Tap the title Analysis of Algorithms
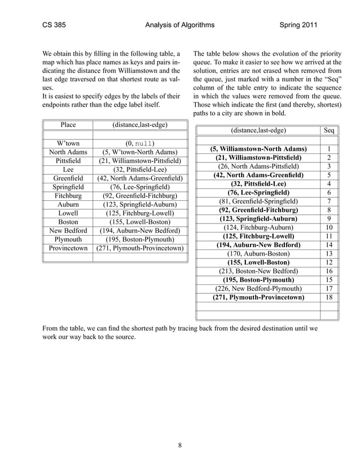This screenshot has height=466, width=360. coord(179,25)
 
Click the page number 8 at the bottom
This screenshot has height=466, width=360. coord(179,446)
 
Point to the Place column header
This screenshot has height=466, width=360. coord(68,124)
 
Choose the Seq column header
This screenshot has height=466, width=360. coord(329,130)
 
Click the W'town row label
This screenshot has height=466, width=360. coord(68,143)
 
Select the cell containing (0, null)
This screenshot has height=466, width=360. coord(140,143)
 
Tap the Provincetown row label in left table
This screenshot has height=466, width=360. coord(68,248)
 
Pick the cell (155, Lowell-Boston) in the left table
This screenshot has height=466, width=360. coord(140,222)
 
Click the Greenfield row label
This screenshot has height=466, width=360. coord(68,178)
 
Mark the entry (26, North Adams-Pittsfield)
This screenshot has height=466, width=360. coord(258,166)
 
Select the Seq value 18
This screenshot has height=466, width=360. coord(329,297)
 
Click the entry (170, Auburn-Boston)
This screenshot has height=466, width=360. coord(258,253)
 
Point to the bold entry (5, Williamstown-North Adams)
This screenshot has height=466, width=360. coord(258,149)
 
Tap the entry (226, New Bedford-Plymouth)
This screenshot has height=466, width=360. coord(258,288)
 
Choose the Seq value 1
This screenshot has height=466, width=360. coord(329,149)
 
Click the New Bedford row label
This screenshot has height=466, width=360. coord(68,230)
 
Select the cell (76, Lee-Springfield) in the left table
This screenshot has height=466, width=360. coord(140,187)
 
